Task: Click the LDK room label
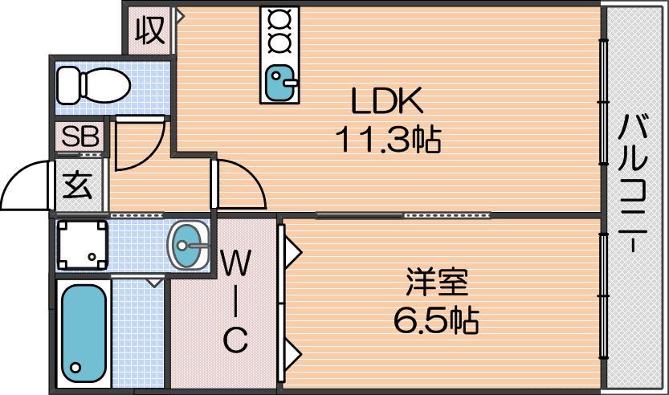tap(386, 100)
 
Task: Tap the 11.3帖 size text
tap(388, 140)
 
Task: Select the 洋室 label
tap(436, 282)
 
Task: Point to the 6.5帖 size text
tap(436, 320)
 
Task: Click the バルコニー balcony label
tap(633, 183)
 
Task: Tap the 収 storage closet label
tap(149, 31)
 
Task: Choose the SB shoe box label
tap(80, 137)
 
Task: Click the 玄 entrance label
tap(77, 185)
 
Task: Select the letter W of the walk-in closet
tap(235, 263)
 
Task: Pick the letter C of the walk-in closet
tap(235, 339)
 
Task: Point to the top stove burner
tap(279, 19)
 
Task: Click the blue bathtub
tap(84, 333)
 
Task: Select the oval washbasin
tap(189, 246)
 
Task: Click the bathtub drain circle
tap(75, 367)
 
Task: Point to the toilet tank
tap(69, 85)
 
